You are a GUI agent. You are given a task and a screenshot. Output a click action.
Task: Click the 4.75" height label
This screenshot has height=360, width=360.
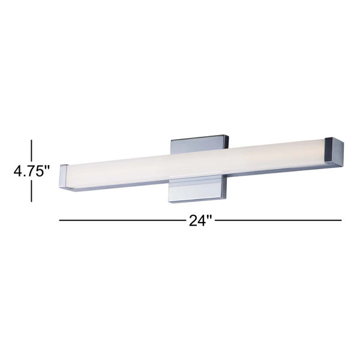pos(31,171)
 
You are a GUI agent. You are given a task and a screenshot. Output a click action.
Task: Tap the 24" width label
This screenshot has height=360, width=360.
pos(200,220)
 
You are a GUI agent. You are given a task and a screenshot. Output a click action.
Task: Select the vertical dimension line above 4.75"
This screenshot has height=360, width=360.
pos(31,151)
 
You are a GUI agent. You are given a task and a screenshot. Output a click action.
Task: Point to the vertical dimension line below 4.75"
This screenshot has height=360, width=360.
pos(31,191)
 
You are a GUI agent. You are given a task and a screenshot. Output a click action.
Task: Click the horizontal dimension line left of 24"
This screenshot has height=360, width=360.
pos(122,220)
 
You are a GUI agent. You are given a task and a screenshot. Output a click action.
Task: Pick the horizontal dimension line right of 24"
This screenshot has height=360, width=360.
pos(278,220)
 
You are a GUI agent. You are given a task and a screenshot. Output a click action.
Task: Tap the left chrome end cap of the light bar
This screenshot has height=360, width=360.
pos(64,176)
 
